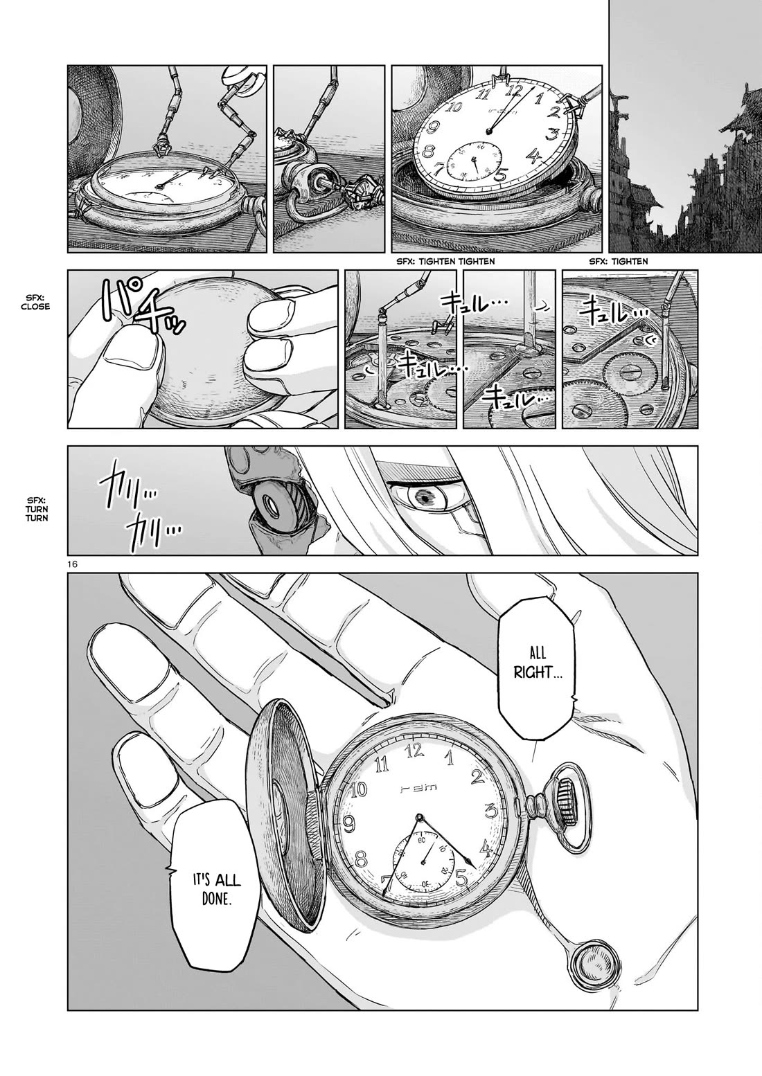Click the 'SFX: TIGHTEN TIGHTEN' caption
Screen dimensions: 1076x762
(x=445, y=261)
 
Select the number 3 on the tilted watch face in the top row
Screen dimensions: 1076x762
(x=553, y=134)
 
